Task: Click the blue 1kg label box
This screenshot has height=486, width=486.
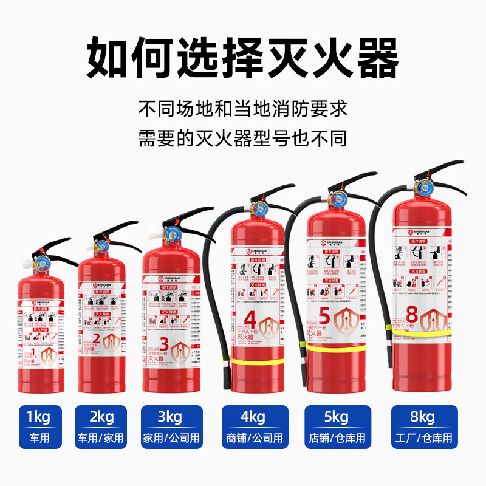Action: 40,426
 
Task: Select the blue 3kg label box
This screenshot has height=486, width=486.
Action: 170,426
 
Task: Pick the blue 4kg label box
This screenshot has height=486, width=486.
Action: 252,426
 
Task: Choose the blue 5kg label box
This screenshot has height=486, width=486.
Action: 336,426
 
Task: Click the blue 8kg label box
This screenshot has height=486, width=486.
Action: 422,426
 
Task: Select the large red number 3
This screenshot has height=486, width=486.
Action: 163,343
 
